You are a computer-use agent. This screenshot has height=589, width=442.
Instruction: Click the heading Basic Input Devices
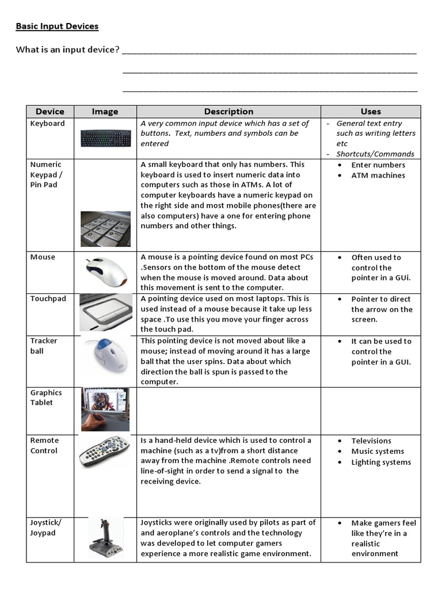(x=57, y=26)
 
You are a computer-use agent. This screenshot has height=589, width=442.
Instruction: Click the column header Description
(x=228, y=112)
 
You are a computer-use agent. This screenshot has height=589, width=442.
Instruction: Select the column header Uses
(x=371, y=112)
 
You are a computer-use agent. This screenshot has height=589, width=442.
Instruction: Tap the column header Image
(x=105, y=112)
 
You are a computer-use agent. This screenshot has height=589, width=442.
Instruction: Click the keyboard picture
(x=106, y=139)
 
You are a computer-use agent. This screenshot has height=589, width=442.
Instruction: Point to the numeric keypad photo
(x=105, y=228)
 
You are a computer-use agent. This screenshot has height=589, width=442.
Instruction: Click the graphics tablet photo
(x=105, y=409)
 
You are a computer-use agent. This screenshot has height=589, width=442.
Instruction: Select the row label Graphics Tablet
(x=46, y=397)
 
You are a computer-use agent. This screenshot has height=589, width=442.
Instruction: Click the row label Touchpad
(x=48, y=299)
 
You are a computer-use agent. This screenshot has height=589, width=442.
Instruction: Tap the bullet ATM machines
(x=378, y=175)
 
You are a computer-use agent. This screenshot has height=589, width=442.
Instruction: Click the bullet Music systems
(x=378, y=452)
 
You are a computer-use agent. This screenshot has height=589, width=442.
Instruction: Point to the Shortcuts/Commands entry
(x=375, y=154)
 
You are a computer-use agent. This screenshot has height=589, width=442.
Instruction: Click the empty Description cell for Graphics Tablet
(x=228, y=411)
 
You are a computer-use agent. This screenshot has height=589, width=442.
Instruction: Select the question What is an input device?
(x=68, y=50)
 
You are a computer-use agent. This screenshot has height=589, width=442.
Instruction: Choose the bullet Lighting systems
(x=381, y=462)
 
